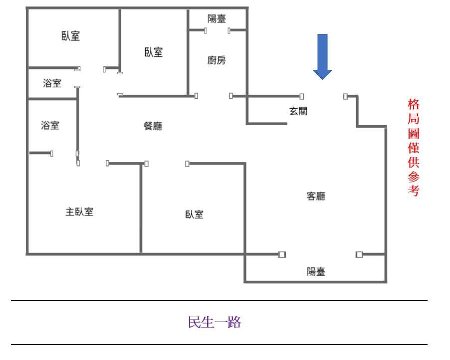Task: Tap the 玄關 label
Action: click(x=298, y=111)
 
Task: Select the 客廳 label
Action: click(x=315, y=196)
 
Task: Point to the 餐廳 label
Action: click(x=153, y=126)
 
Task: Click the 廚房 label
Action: click(x=217, y=61)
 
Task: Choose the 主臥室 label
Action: click(x=79, y=211)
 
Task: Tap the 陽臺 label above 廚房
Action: click(x=217, y=19)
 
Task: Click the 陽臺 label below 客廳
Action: click(x=316, y=271)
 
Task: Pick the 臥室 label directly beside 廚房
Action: click(x=154, y=52)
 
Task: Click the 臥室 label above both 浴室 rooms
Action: click(x=71, y=36)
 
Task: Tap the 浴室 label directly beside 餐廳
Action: click(x=50, y=126)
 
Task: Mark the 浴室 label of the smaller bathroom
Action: click(x=52, y=83)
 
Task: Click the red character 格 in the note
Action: click(x=413, y=105)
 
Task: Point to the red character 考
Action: click(x=413, y=191)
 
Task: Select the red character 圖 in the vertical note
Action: click(x=413, y=134)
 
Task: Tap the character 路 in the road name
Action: click(x=235, y=323)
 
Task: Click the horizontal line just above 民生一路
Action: click(x=220, y=301)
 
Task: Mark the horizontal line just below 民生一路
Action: click(x=220, y=344)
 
